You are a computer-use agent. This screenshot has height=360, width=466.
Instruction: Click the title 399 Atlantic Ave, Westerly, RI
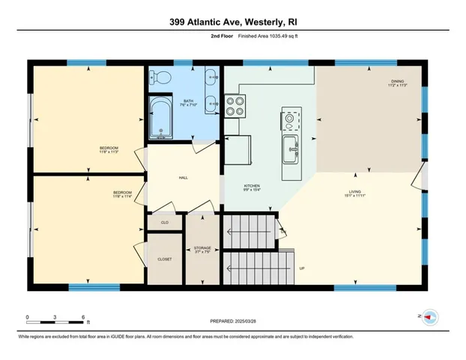[x=232, y=22]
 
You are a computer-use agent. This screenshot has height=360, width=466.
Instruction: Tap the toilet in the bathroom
[x=160, y=76]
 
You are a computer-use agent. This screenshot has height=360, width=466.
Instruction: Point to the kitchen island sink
[x=289, y=150]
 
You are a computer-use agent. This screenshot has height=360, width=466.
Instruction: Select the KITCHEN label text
[x=251, y=185]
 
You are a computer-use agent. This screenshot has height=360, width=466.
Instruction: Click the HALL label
[x=183, y=178]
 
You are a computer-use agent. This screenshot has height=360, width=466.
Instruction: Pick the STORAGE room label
[x=202, y=247]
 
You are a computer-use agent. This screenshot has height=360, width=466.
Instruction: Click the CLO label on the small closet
[x=165, y=223]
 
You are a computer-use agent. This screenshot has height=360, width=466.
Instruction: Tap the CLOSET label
[x=165, y=259]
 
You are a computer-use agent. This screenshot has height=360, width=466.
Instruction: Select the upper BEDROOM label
[x=109, y=148]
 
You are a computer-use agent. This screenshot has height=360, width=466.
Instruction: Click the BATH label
[x=188, y=100]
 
